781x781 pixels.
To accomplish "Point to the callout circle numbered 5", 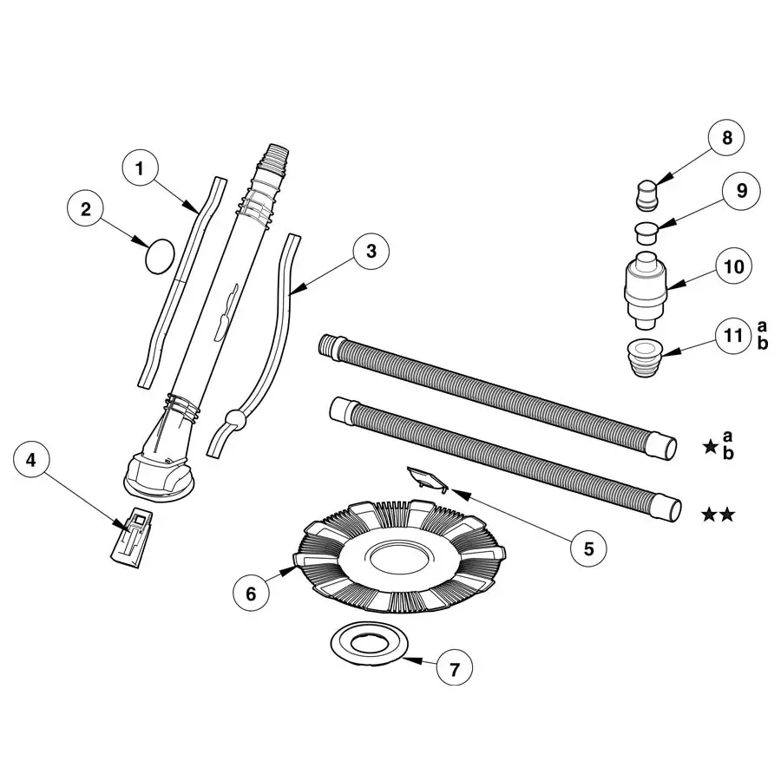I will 587,548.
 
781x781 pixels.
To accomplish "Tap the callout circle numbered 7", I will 454,668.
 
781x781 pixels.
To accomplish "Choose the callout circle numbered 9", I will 740,190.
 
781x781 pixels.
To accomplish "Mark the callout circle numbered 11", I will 734,336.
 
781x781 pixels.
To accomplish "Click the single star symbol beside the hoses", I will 710,447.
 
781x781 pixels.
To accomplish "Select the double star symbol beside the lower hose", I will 719,515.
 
